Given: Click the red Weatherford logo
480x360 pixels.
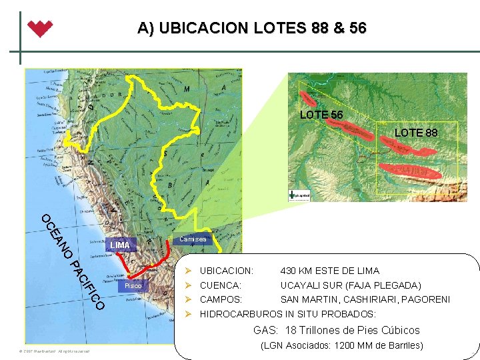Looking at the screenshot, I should click(x=40, y=29).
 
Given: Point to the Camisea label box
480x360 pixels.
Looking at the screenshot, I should click(x=193, y=239).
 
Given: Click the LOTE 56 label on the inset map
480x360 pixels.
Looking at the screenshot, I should click(x=321, y=115).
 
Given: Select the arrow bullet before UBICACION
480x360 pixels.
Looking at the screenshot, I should click(x=189, y=271).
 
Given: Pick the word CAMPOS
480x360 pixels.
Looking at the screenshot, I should click(x=221, y=299).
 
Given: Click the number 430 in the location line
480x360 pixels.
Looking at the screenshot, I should click(x=290, y=271).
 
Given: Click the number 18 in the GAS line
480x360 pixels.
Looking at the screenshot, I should click(x=290, y=330).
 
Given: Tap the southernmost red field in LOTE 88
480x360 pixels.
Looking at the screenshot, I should click(x=410, y=173).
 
